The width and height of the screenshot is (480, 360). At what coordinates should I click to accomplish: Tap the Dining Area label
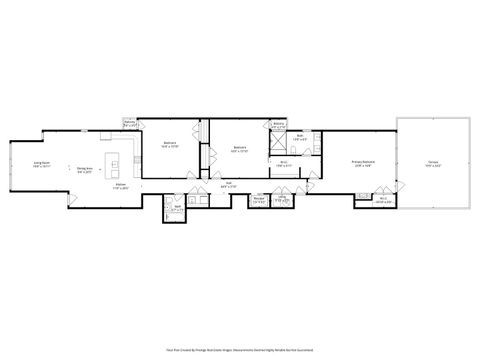click(x=86, y=169)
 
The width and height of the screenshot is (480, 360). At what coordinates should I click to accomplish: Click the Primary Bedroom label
click(x=363, y=162)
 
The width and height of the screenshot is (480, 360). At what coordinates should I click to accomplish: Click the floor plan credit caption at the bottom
click(x=240, y=350)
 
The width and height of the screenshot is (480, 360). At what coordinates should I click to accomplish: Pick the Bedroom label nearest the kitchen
click(x=170, y=144)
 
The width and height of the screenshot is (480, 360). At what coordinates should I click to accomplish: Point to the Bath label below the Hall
click(x=177, y=209)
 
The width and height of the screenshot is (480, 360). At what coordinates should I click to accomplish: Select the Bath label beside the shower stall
click(x=299, y=139)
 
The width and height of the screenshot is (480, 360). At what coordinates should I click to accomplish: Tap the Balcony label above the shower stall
click(x=279, y=127)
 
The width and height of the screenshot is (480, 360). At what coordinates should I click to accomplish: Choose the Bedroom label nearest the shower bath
click(x=240, y=149)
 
